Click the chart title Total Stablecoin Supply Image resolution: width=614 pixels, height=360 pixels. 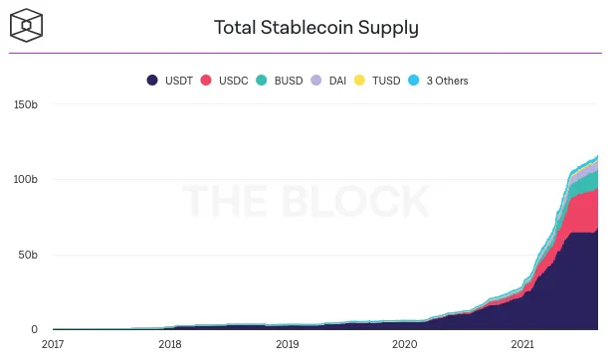click(x=316, y=28)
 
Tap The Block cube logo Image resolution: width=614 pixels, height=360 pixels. click(x=26, y=25)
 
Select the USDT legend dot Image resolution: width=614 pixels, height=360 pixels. click(x=152, y=81)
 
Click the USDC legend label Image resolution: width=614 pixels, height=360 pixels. click(x=234, y=81)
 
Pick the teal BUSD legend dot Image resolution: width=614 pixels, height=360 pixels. click(x=261, y=81)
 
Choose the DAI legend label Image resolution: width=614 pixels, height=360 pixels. click(x=337, y=81)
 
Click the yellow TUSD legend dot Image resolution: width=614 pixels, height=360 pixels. click(x=359, y=81)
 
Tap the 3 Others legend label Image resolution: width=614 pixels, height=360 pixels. click(x=447, y=81)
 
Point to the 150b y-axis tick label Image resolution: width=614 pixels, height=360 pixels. click(x=26, y=104)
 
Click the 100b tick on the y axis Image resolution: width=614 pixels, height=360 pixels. click(x=26, y=179)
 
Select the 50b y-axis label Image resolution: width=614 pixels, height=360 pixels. click(x=28, y=255)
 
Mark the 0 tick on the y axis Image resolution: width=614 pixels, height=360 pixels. click(x=35, y=329)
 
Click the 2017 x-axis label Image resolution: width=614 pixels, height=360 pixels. click(x=53, y=344)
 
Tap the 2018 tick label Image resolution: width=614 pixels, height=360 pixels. click(x=170, y=344)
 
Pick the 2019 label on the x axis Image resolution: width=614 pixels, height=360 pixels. click(x=288, y=344)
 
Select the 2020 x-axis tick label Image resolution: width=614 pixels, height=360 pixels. click(x=405, y=344)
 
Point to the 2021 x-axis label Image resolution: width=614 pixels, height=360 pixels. click(x=522, y=344)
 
